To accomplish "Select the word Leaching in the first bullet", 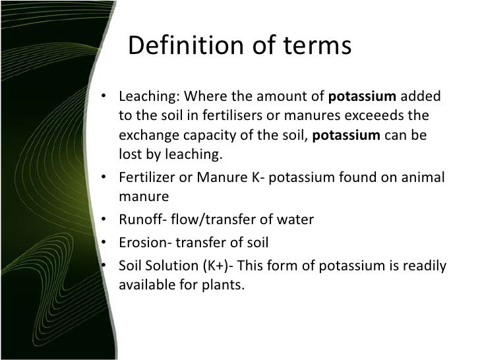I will (144, 97).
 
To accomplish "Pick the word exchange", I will (145, 135).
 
